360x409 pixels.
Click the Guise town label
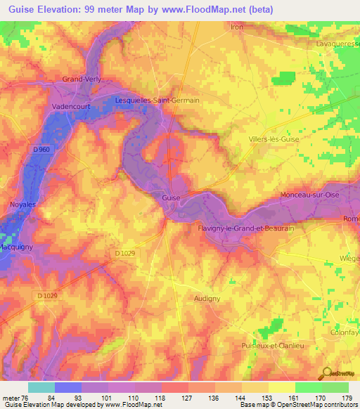tap(172, 198)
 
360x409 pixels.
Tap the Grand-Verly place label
tap(82, 79)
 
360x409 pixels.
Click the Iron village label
tap(237, 27)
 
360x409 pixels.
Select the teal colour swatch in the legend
tap(41, 387)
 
